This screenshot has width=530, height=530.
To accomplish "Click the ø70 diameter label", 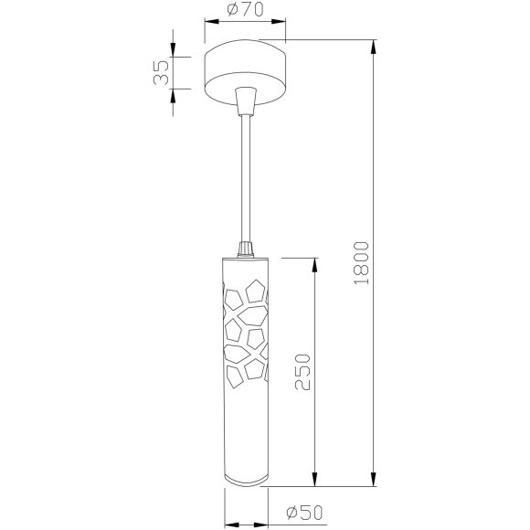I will (x=242, y=12).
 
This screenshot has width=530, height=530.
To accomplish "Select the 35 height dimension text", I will (x=162, y=73).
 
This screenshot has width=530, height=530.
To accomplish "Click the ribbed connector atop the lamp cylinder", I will (x=244, y=248).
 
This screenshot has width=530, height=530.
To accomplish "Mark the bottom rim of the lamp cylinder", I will (x=244, y=484).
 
